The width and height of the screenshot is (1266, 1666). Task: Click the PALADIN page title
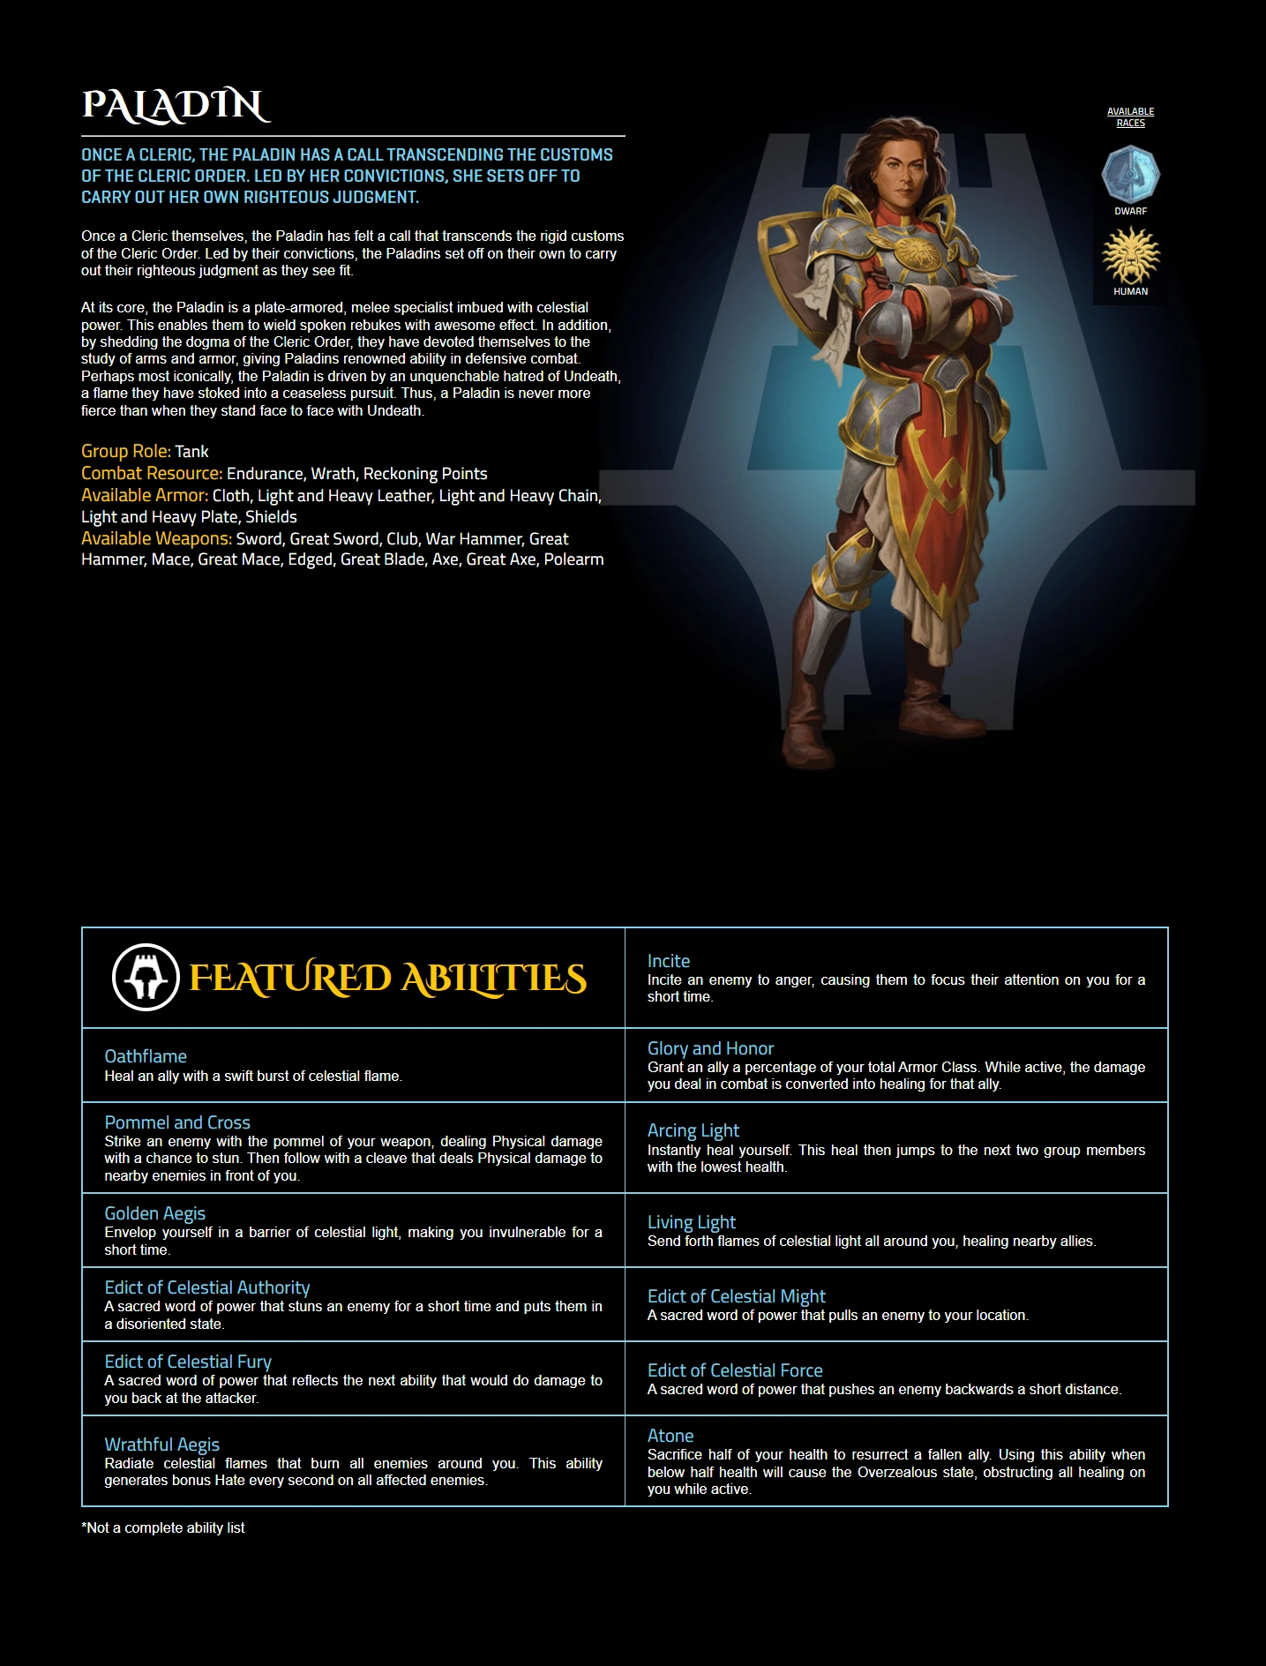click(x=176, y=105)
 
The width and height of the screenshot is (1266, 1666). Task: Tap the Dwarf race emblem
click(x=1130, y=175)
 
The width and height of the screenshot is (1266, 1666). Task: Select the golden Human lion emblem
click(x=1130, y=255)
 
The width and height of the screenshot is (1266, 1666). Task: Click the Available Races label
click(x=1130, y=117)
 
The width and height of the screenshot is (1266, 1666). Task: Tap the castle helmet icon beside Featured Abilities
click(x=146, y=978)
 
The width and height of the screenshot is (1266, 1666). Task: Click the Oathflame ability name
click(x=146, y=1056)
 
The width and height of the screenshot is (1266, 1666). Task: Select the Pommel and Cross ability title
click(x=177, y=1122)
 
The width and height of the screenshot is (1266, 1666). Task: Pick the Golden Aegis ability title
click(x=155, y=1213)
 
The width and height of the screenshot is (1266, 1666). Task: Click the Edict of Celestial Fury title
click(x=188, y=1362)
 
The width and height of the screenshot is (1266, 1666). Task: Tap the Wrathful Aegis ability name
click(x=162, y=1445)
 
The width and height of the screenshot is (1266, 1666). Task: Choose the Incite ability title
click(x=669, y=961)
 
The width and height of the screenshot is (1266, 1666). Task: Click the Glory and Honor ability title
click(x=710, y=1048)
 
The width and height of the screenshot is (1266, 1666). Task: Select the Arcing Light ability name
click(x=693, y=1130)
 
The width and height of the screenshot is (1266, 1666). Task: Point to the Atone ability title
click(x=670, y=1436)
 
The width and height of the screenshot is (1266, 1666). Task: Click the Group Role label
click(x=126, y=451)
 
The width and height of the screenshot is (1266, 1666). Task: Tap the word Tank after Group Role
click(x=191, y=452)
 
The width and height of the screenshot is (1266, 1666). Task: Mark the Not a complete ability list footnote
click(x=163, y=1527)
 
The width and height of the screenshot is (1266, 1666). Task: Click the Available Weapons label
click(x=156, y=538)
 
